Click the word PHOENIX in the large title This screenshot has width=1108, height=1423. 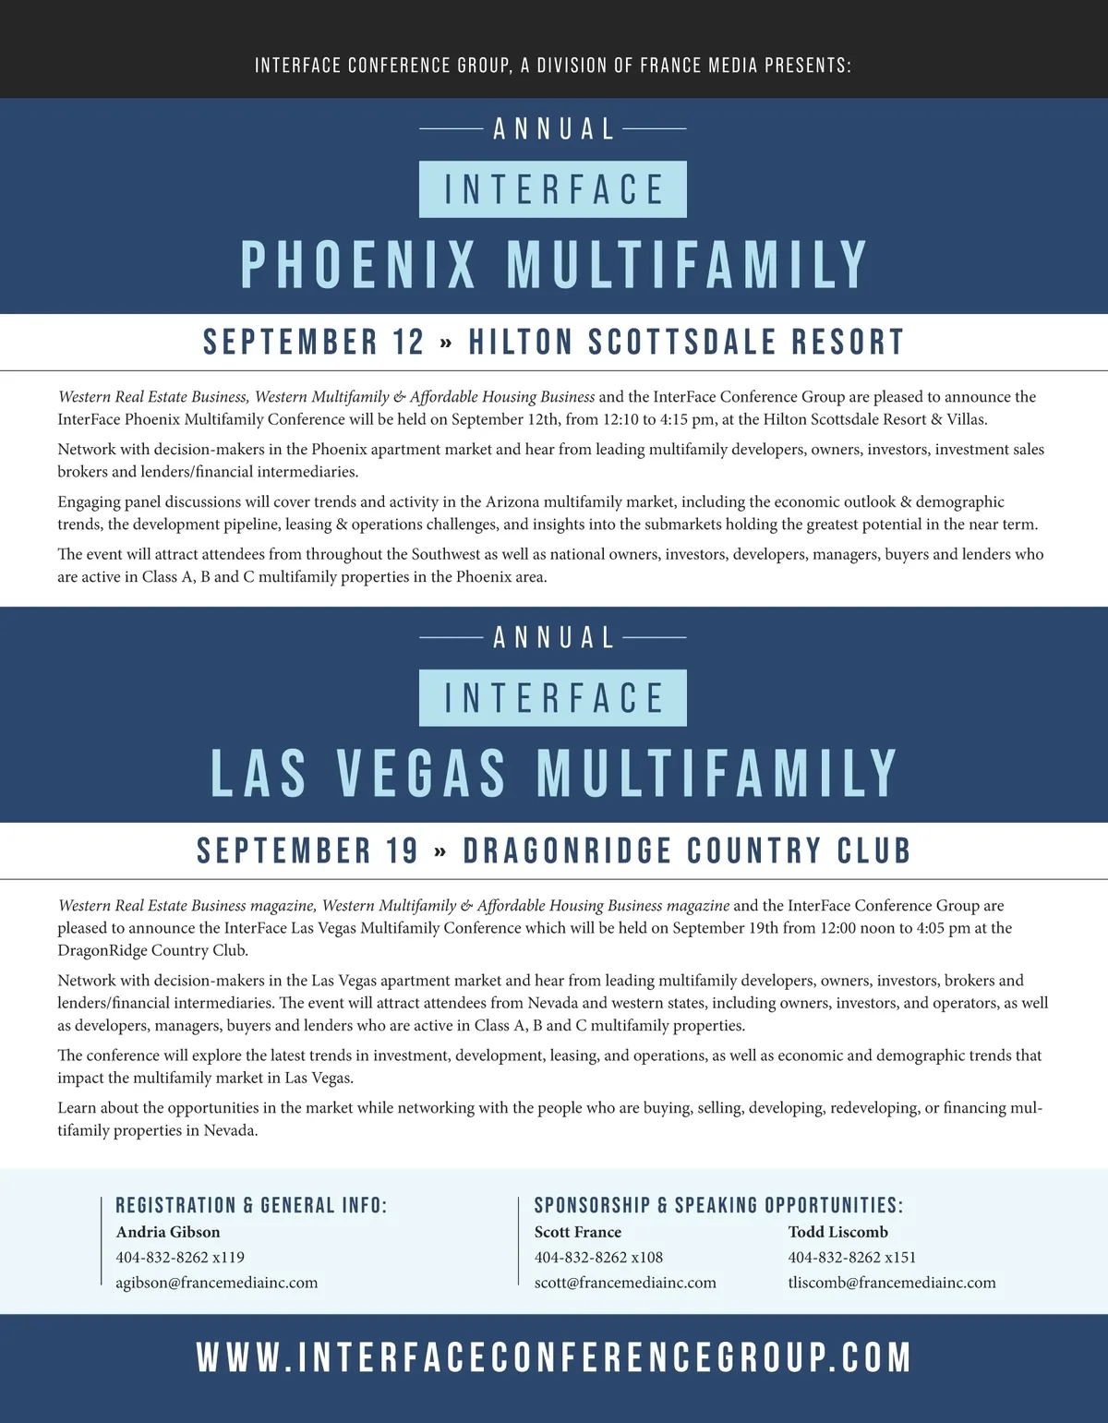point(358,265)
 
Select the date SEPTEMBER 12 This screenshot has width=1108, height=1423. point(313,343)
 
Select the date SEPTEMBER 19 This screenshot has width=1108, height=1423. point(307,851)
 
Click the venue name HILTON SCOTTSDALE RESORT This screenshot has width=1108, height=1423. point(686,343)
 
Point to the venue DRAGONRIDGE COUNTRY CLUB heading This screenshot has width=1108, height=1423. point(687,851)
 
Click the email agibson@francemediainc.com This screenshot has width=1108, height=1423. point(217,1283)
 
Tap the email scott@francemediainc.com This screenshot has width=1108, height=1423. point(625,1283)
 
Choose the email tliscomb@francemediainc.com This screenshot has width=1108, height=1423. point(892,1283)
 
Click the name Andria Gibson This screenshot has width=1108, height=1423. point(168,1232)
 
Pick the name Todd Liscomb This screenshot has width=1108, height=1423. point(838,1232)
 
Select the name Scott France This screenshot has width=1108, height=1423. point(578,1232)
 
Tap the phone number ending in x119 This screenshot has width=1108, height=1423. point(180,1257)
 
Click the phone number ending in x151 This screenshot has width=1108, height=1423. point(852,1257)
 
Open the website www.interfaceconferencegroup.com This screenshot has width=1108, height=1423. point(554,1358)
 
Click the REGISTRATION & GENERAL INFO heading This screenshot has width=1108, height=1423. point(251,1205)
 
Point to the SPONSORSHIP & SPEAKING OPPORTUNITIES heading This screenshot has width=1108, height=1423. point(718,1205)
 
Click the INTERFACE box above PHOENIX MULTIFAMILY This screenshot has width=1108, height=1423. point(553,190)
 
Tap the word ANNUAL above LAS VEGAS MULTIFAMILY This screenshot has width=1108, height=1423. point(554,638)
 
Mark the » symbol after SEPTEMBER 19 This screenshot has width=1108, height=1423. point(440,851)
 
